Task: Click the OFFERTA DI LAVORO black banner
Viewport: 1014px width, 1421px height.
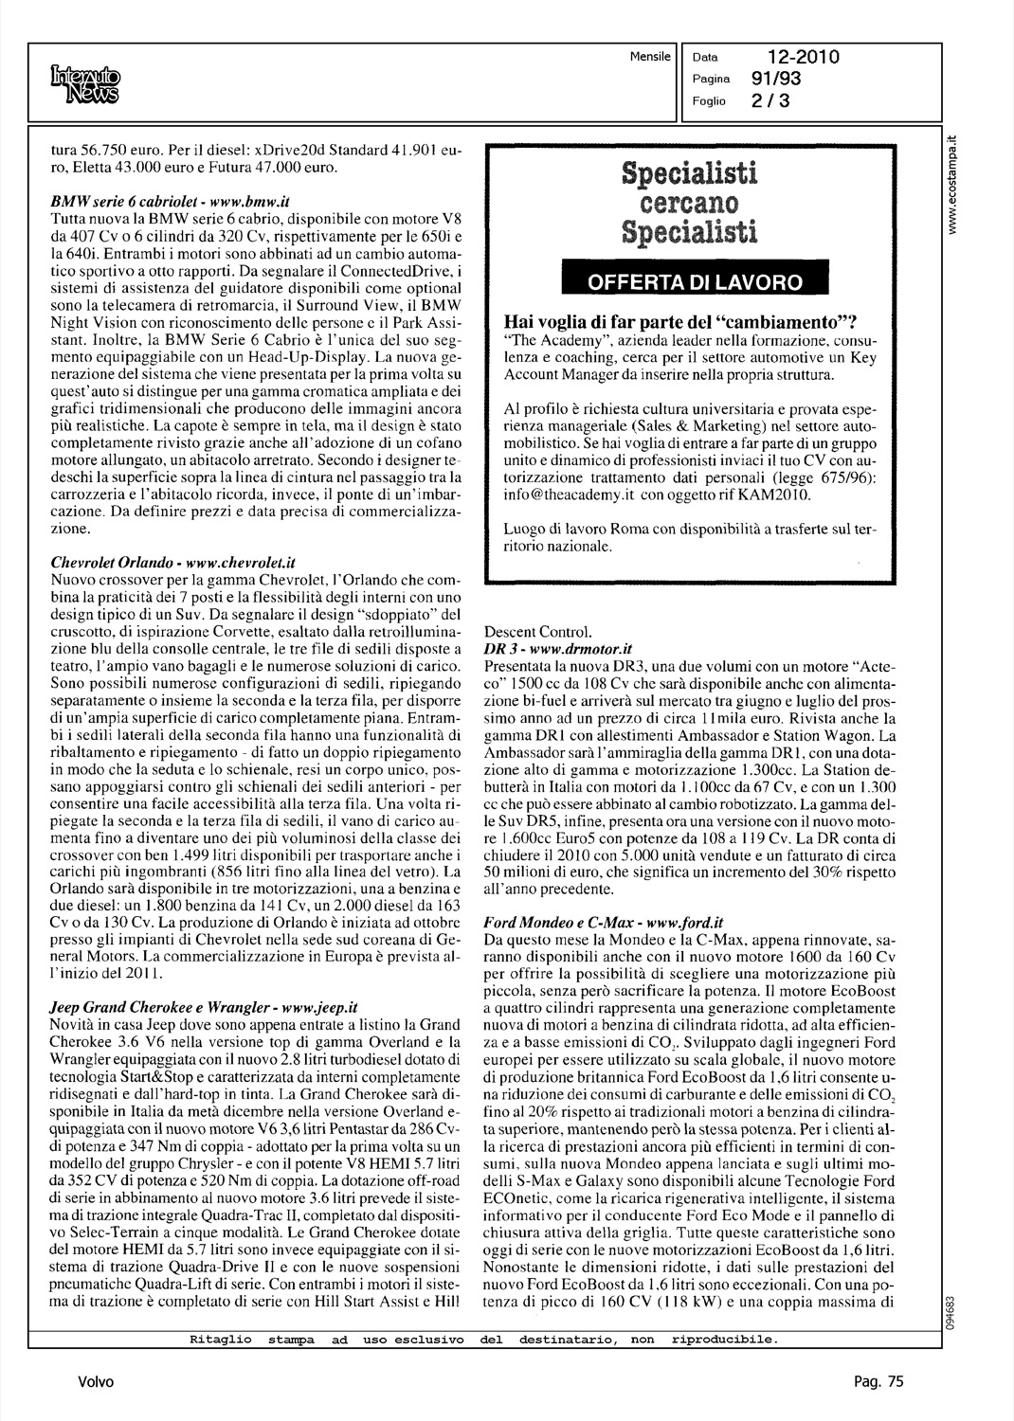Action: coord(695,282)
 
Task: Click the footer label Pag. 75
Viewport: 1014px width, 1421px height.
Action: coord(882,1381)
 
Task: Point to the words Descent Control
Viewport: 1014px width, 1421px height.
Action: coord(537,632)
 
